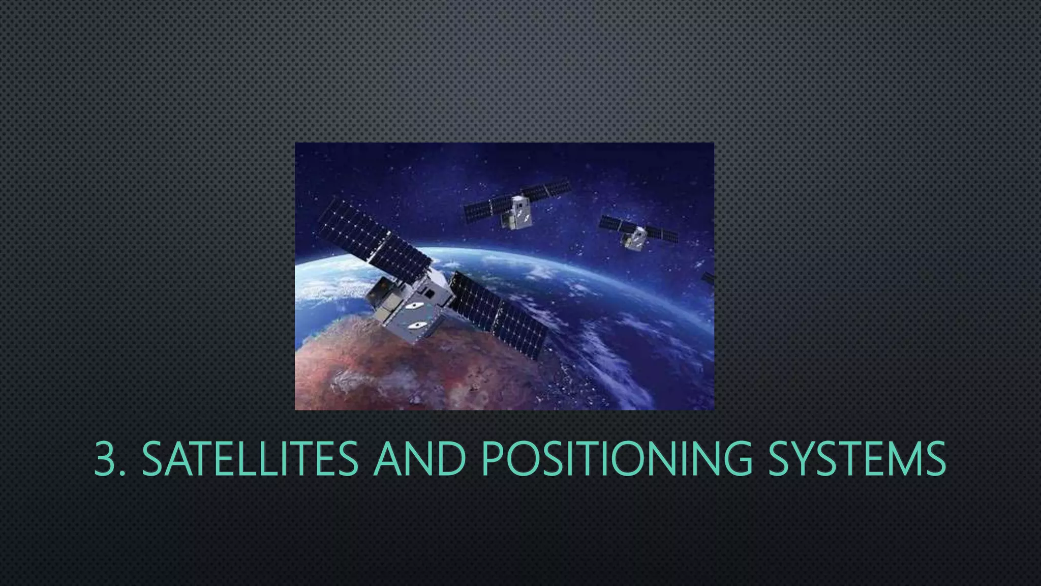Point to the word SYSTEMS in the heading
tap(856, 459)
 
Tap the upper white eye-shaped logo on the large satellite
tap(414, 306)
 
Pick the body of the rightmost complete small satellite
tap(635, 238)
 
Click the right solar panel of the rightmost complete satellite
tap(662, 235)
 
